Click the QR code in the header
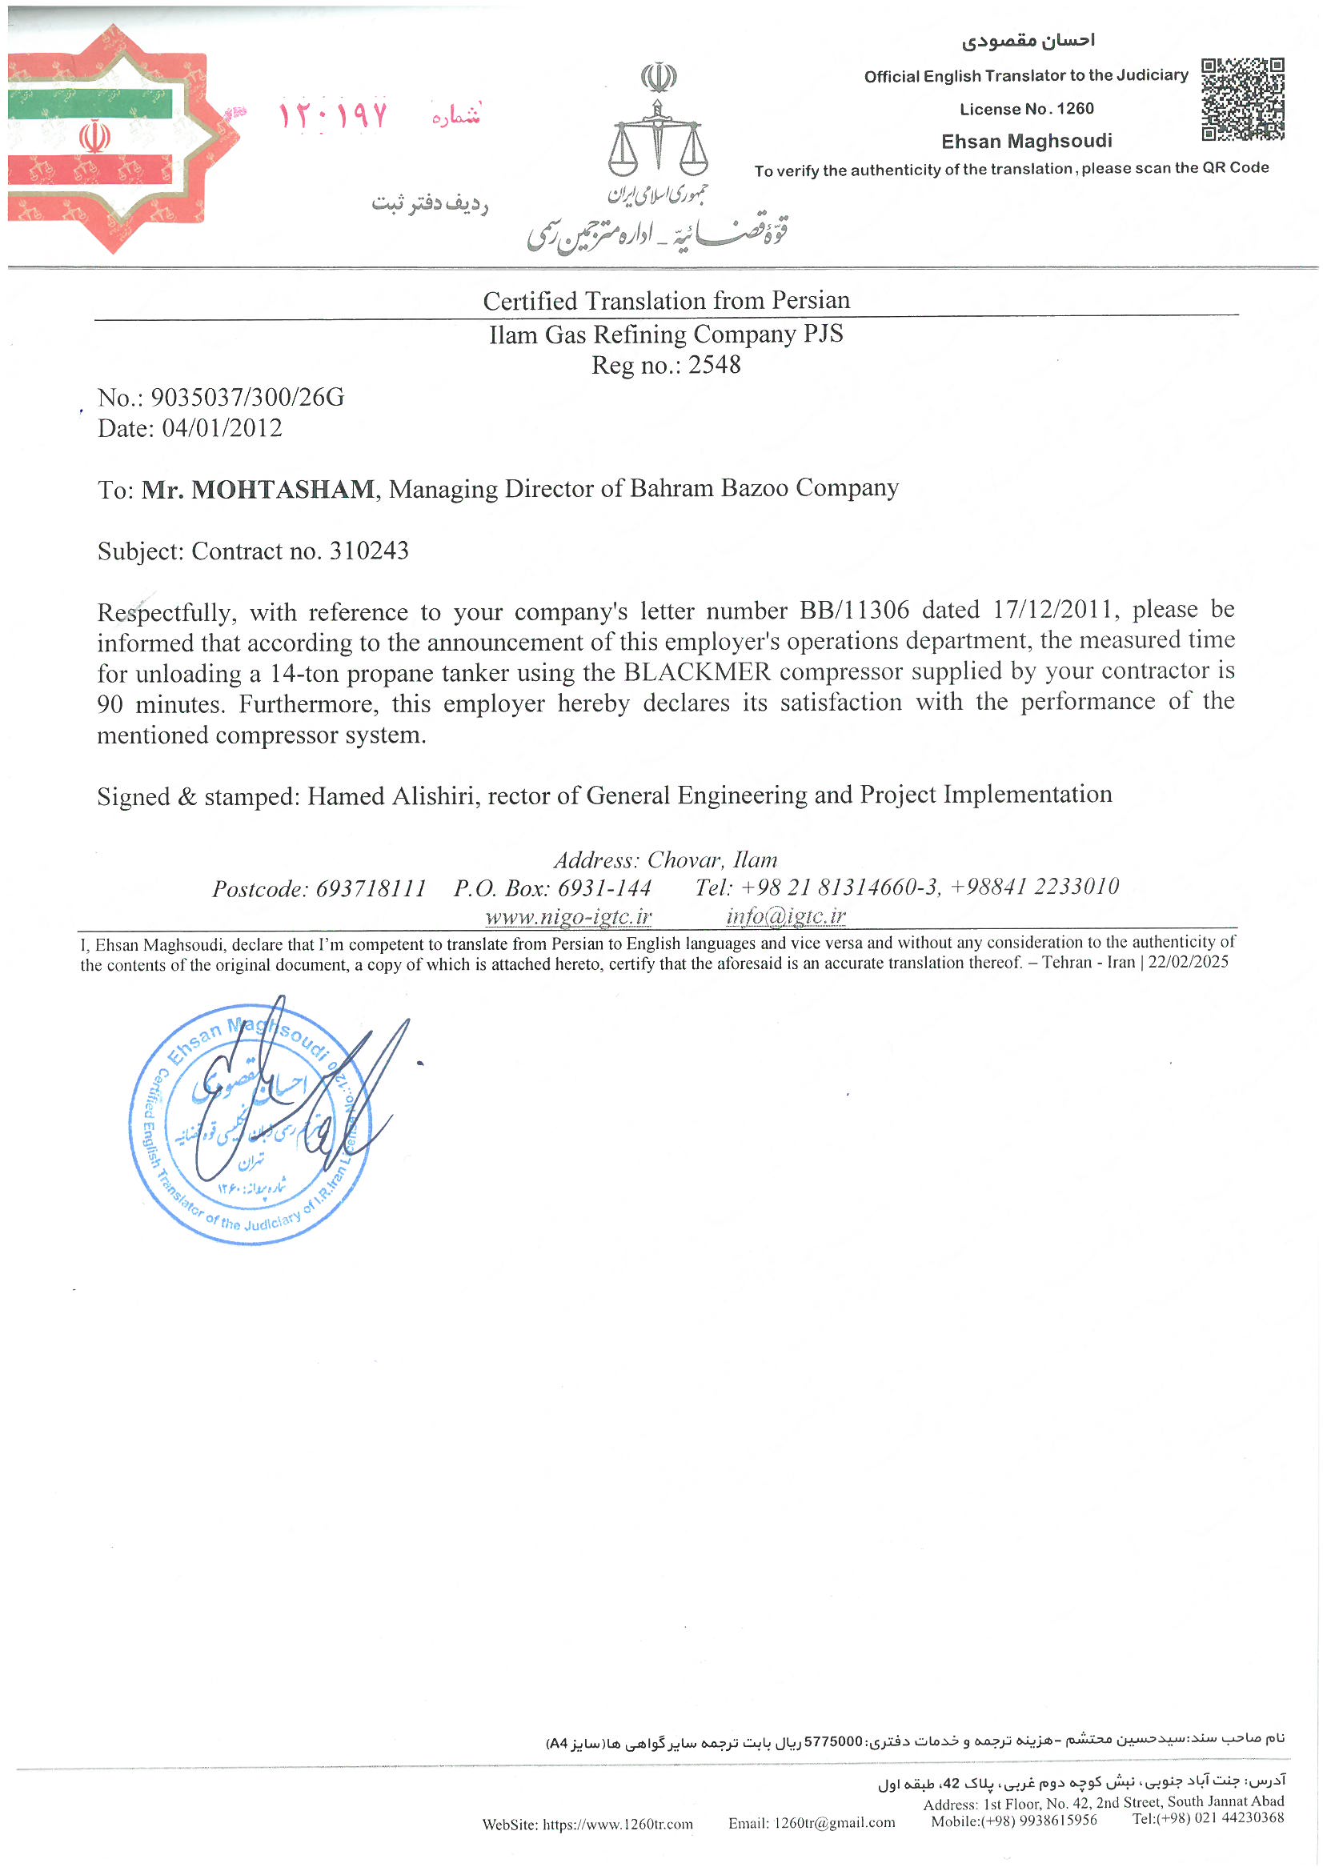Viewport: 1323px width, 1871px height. pos(1242,98)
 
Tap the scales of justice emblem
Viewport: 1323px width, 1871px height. pos(657,139)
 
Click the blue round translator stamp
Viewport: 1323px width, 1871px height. pos(251,1125)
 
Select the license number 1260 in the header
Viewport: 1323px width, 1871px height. pos(1075,109)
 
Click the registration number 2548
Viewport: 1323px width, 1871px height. pos(714,365)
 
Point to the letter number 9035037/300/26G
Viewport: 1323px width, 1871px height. pos(247,398)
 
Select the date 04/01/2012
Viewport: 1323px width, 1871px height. pos(222,429)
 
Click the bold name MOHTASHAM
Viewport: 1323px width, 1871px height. pos(282,490)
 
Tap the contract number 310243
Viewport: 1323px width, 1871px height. pos(368,551)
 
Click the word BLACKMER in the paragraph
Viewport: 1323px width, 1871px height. pos(697,672)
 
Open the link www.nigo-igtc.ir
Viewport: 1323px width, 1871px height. pos(568,917)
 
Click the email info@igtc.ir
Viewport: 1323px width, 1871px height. pos(786,917)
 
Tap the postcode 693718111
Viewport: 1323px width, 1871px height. pos(371,889)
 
